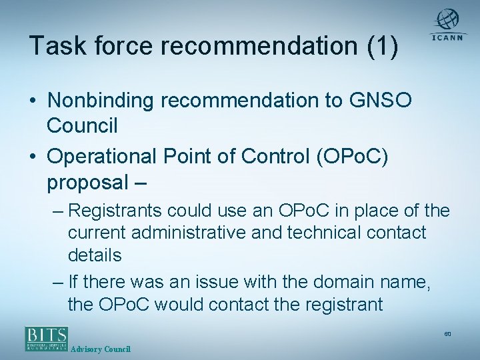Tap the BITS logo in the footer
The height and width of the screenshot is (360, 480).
tap(47, 338)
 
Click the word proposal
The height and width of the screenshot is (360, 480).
tap(90, 182)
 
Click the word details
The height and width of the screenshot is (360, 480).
tap(95, 255)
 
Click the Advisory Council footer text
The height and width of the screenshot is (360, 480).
tap(101, 349)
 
